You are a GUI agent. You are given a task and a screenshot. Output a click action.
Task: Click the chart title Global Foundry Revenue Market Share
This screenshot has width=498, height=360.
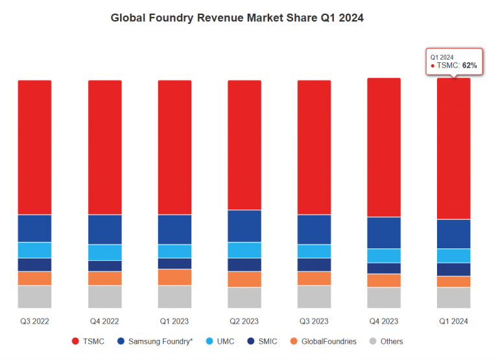[x=237, y=18]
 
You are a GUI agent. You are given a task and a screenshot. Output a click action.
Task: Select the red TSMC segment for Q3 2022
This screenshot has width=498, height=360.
[x=34, y=147]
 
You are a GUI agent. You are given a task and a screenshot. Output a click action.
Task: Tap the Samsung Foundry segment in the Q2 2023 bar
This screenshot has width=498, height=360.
[x=244, y=226]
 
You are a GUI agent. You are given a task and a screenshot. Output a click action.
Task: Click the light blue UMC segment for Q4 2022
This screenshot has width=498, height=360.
[x=104, y=252]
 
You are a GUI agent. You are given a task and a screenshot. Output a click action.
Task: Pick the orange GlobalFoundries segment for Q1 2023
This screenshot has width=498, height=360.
[x=174, y=277]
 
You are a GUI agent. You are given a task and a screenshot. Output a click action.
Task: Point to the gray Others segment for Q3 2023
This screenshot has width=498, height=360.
[x=314, y=296]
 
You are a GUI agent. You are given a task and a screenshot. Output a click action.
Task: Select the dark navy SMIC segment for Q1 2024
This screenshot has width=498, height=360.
[x=453, y=269]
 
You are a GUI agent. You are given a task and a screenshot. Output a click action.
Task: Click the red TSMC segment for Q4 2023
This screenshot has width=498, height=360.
[x=384, y=147]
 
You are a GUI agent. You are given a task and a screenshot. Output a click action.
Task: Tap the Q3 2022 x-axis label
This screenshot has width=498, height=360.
[x=34, y=321]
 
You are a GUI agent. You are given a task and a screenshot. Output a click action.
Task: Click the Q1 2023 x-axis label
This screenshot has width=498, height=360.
[x=174, y=321]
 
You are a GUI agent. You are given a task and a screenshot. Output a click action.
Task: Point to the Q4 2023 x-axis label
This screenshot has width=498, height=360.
[x=384, y=321]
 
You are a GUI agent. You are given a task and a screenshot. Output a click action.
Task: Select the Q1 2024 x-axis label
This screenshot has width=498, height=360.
[x=453, y=321]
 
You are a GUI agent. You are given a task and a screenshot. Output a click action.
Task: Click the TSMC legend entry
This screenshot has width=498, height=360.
[x=89, y=341]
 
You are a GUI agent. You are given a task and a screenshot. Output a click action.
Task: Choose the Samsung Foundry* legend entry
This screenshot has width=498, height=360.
[x=156, y=341]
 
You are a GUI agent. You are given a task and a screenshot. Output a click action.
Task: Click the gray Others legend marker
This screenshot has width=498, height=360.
[x=372, y=341]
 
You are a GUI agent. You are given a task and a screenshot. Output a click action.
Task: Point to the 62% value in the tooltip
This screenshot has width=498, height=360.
[x=469, y=66]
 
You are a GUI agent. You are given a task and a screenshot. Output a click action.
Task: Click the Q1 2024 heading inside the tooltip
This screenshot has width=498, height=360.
[x=442, y=57]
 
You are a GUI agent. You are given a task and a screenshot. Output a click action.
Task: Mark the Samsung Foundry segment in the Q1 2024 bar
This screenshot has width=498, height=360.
[x=453, y=234]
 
